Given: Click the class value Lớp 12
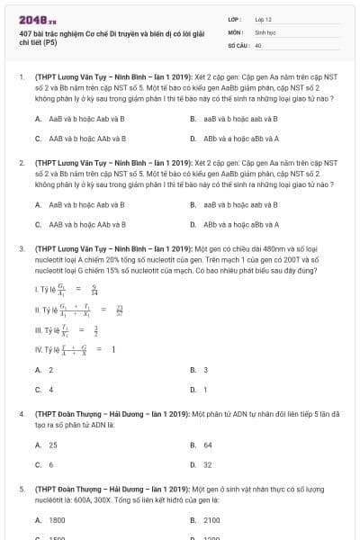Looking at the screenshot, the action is click(x=264, y=18).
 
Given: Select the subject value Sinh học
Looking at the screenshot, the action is click(x=265, y=31).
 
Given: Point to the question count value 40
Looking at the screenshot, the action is click(x=258, y=44).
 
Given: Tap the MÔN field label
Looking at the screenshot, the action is click(x=235, y=31).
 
